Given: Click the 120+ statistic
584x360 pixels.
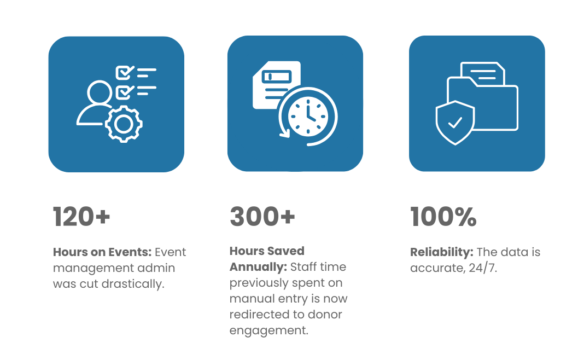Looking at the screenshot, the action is point(81,217).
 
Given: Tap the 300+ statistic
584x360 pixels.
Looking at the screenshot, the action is point(262,217).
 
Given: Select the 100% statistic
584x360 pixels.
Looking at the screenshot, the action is point(443,217).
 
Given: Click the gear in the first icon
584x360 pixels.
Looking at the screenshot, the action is point(124,124).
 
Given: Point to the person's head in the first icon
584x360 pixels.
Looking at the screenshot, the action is point(100,92).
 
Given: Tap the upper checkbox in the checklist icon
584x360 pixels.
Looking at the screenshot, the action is point(125,72).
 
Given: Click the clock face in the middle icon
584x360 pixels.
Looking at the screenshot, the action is point(308,117).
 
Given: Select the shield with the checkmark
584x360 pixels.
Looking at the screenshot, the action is point(455,123).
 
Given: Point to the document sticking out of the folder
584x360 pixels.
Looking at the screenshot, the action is point(483,73).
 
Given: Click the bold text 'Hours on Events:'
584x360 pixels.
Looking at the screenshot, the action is point(102,252).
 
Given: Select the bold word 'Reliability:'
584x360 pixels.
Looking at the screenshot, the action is point(442,252).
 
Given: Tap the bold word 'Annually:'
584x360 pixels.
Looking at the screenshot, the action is point(258,267).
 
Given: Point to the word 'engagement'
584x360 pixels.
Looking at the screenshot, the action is point(268,330).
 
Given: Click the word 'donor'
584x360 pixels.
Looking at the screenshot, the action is point(325,315).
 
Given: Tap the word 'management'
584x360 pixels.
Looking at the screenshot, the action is point(94,268).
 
